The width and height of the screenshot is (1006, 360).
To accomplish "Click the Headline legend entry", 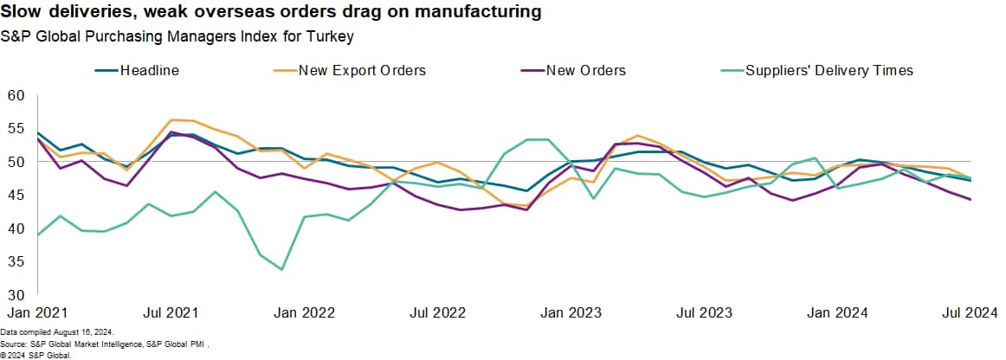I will click(149, 70).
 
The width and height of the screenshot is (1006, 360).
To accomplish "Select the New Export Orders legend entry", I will click(361, 70).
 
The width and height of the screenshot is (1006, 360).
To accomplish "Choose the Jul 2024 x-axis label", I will click(969, 312).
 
